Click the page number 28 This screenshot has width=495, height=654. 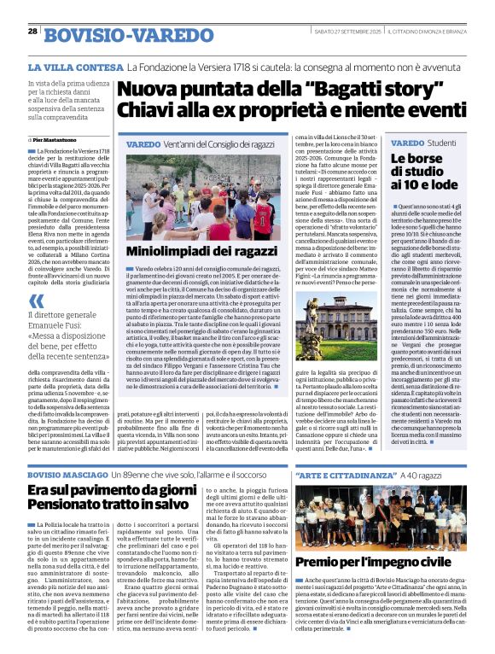32,31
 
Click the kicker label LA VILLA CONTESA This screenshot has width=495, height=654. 76,67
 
